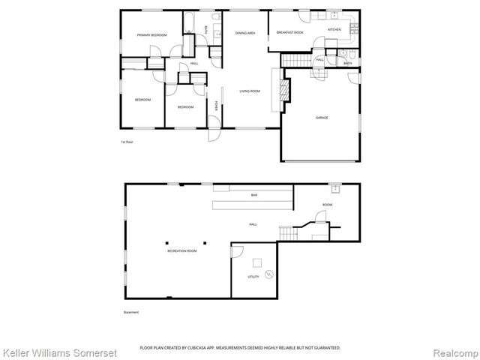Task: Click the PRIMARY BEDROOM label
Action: click(x=151, y=35)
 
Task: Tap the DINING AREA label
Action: click(x=245, y=33)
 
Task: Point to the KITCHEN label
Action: click(x=334, y=29)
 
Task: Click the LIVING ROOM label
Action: click(x=250, y=91)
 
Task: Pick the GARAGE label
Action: click(x=321, y=117)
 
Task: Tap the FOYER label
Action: click(x=217, y=106)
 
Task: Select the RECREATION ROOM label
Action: click(x=181, y=250)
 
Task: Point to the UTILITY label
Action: click(x=253, y=277)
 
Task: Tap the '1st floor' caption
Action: click(x=127, y=142)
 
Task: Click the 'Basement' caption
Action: click(x=131, y=312)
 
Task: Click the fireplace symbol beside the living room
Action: click(x=284, y=88)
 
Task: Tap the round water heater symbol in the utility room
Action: click(x=270, y=275)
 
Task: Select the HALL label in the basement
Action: click(x=253, y=223)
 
